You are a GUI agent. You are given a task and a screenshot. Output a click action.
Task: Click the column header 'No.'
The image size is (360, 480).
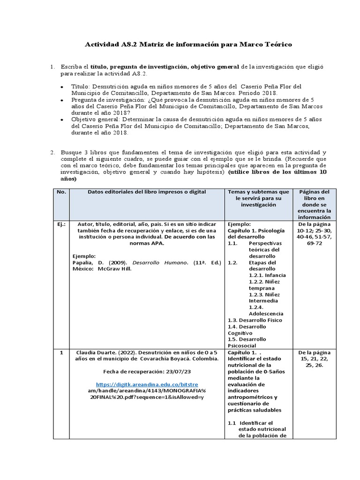[x=61, y=192]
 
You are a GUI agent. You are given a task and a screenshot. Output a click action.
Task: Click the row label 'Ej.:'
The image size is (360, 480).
[x=61, y=225]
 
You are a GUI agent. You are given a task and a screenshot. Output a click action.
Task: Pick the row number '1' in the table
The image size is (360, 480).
[x=61, y=352]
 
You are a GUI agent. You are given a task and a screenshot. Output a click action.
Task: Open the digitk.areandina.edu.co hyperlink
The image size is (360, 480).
[x=147, y=384]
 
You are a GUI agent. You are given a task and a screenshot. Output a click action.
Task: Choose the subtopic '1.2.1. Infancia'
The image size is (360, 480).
[x=267, y=275]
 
